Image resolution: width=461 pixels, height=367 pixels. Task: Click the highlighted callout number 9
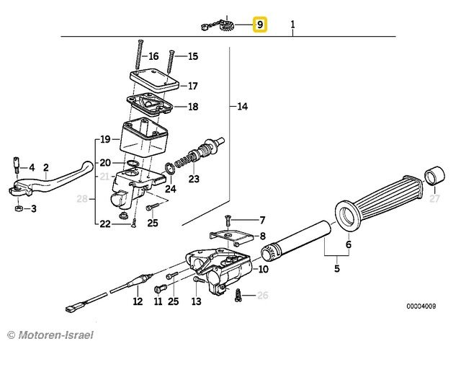pyautogui.click(x=260, y=25)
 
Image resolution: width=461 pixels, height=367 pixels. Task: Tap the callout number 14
pyautogui.click(x=243, y=106)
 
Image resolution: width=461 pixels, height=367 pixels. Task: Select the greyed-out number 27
pyautogui.click(x=434, y=199)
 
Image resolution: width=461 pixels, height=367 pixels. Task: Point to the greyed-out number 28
pyautogui.click(x=82, y=199)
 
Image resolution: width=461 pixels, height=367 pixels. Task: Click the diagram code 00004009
pyautogui.click(x=421, y=306)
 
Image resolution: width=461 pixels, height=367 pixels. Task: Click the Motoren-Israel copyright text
pyautogui.click(x=50, y=335)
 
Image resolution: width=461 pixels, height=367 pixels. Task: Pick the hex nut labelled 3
pyautogui.click(x=18, y=208)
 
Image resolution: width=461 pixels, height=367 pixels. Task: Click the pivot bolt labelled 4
pyautogui.click(x=17, y=165)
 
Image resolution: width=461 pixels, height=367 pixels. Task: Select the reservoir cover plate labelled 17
pyautogui.click(x=155, y=79)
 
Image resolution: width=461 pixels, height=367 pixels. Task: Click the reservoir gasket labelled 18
pyautogui.click(x=150, y=104)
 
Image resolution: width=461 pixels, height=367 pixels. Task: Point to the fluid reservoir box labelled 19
pyautogui.click(x=144, y=138)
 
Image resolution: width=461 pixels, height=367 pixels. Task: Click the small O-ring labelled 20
pyautogui.click(x=133, y=164)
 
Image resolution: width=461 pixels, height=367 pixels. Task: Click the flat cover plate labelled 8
pyautogui.click(x=231, y=236)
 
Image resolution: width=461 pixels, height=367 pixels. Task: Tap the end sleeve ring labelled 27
pyautogui.click(x=434, y=176)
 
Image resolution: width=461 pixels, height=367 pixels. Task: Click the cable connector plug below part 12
pyautogui.click(x=71, y=309)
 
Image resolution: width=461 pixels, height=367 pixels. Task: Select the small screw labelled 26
pyautogui.click(x=238, y=295)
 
